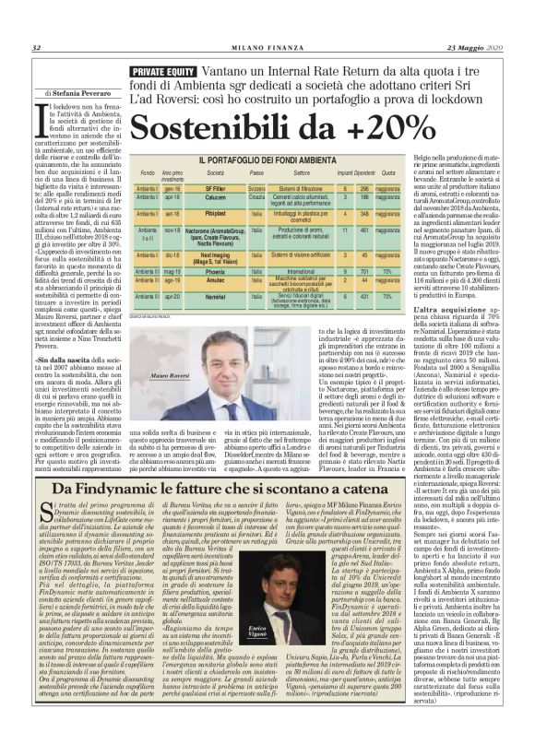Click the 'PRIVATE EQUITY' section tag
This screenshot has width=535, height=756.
pos(163,71)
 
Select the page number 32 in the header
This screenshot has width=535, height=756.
pos(36,49)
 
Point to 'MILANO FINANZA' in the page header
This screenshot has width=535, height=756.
pos(267,49)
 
